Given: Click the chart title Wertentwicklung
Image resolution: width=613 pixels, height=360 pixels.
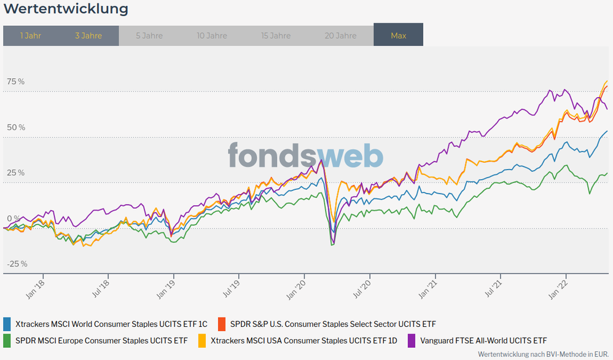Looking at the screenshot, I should (66, 9).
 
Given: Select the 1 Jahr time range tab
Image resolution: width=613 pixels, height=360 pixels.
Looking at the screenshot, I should (31, 36).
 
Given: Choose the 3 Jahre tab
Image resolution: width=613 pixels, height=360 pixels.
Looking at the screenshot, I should (88, 36).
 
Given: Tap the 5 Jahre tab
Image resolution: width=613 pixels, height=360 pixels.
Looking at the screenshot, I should (149, 36).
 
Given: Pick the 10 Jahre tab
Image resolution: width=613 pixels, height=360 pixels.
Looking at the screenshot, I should (212, 36).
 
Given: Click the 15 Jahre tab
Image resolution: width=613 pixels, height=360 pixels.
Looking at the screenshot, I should (276, 36).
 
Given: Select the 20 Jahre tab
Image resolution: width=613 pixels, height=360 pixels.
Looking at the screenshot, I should (340, 36).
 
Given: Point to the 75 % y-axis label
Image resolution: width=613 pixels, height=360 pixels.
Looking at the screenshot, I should (17, 82).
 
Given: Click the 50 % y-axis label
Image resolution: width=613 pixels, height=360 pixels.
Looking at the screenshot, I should (17, 127).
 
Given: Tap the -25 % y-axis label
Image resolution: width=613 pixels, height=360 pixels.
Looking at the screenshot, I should (17, 264).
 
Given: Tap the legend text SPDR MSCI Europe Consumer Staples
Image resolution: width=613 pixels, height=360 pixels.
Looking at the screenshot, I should (101, 340).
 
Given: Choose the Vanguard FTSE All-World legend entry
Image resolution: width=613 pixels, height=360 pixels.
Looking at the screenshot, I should (483, 340).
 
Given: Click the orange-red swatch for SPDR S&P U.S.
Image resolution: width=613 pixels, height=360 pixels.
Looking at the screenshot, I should (221, 324).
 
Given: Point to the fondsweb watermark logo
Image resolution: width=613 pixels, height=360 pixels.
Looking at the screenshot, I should (306, 156).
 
